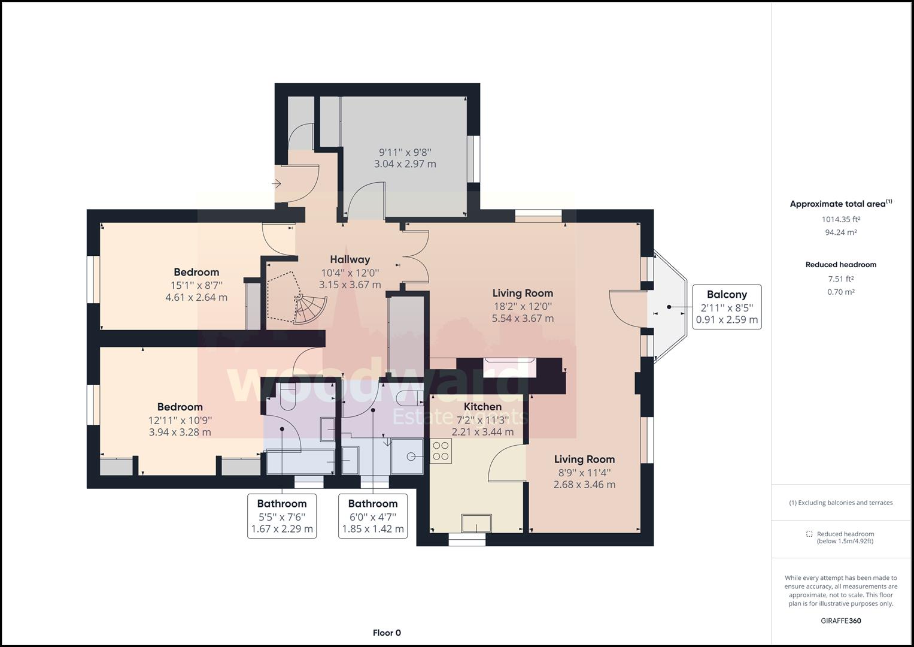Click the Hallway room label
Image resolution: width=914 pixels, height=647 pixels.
click(350, 259)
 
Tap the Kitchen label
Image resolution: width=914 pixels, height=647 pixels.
click(482, 406)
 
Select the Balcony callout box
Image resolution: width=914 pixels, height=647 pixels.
click(727, 307)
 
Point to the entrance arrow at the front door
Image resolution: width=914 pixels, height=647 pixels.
click(277, 184)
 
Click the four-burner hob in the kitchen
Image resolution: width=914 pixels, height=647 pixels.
click(441, 451)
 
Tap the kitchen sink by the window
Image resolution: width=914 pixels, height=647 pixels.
click(476, 523)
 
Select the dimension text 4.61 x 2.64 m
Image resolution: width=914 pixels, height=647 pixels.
click(196, 297)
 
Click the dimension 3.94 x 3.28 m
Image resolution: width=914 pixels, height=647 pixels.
click(180, 432)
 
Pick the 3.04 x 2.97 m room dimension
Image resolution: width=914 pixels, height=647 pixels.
click(405, 164)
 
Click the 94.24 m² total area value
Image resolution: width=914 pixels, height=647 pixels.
click(841, 232)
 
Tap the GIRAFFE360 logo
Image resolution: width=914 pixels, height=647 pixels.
click(841, 621)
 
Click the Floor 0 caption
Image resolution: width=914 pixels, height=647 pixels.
click(387, 633)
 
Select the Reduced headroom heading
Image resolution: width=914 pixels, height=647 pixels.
click(841, 265)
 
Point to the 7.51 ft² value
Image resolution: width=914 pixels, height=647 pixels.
click(841, 279)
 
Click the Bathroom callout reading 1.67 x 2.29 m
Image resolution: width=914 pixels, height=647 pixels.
click(282, 516)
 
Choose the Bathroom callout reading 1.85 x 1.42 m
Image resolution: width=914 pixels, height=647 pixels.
click(373, 516)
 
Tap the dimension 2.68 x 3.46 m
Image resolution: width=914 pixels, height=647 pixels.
click(585, 485)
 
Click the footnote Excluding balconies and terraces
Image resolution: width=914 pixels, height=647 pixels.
click(841, 503)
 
